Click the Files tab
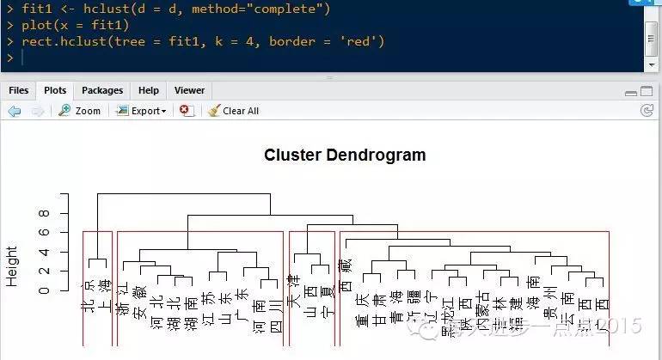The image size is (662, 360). (x=18, y=90)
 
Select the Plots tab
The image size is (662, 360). (x=55, y=90)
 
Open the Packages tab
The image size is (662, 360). (x=102, y=90)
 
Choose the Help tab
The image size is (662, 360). (x=149, y=90)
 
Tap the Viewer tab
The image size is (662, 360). (x=189, y=90)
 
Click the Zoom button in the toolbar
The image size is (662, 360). (x=79, y=111)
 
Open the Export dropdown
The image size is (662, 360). (x=141, y=111)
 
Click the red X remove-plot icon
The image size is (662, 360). (x=186, y=111)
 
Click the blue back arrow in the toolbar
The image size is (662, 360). (x=15, y=111)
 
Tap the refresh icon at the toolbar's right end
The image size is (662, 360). (x=647, y=111)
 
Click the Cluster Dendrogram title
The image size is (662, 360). (x=345, y=156)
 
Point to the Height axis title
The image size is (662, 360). (x=12, y=265)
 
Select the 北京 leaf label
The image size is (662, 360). (x=88, y=296)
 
